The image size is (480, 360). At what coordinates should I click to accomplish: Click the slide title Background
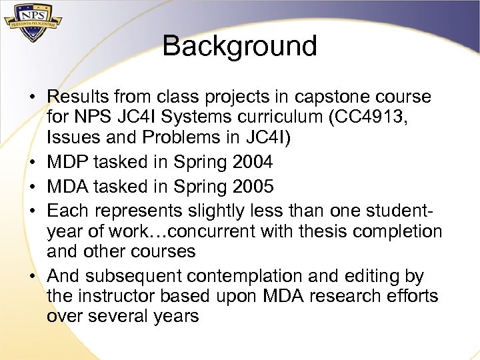239,47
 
